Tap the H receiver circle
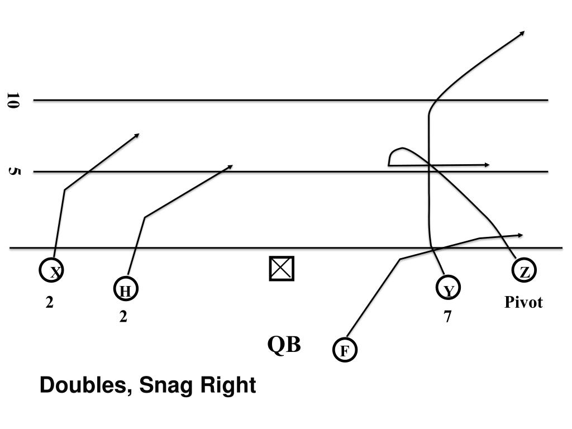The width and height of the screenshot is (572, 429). (x=126, y=290)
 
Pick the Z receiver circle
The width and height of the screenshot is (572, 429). (x=525, y=272)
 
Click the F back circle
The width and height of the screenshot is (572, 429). (x=345, y=350)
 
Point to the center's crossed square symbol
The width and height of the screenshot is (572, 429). (x=282, y=269)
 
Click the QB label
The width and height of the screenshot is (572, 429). (x=284, y=345)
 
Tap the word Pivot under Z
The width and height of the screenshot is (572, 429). (x=523, y=303)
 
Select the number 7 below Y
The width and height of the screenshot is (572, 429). (x=447, y=317)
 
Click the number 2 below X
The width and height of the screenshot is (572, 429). (x=50, y=303)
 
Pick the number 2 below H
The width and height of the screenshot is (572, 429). (x=123, y=317)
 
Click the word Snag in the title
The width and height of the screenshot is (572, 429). (x=163, y=386)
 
